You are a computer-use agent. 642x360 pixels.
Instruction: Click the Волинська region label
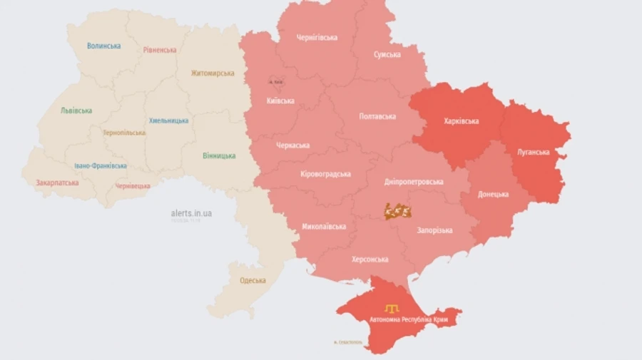103,46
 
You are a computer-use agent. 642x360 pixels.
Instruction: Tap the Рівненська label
160,50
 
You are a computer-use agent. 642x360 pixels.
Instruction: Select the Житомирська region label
213,73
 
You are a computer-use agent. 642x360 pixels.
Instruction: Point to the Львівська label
76,110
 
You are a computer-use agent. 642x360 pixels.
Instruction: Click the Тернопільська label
124,133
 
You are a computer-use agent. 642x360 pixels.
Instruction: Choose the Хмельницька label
169,120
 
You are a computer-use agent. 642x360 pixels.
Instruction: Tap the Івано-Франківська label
101,165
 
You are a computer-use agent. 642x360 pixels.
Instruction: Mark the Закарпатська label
57,182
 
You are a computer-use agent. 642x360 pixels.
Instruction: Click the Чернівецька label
133,186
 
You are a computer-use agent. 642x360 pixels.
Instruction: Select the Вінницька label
219,155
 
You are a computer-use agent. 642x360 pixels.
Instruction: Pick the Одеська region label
253,280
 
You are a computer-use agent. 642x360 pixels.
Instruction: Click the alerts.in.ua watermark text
191,212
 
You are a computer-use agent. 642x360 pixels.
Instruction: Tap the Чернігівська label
317,38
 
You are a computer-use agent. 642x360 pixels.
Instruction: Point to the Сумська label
387,55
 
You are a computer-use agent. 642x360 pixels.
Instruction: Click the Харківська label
462,121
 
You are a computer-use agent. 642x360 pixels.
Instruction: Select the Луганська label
533,152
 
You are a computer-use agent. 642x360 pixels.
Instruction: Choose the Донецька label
494,194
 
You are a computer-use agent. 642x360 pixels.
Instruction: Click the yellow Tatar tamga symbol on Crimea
392,308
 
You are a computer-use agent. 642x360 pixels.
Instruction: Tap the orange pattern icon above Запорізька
397,211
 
